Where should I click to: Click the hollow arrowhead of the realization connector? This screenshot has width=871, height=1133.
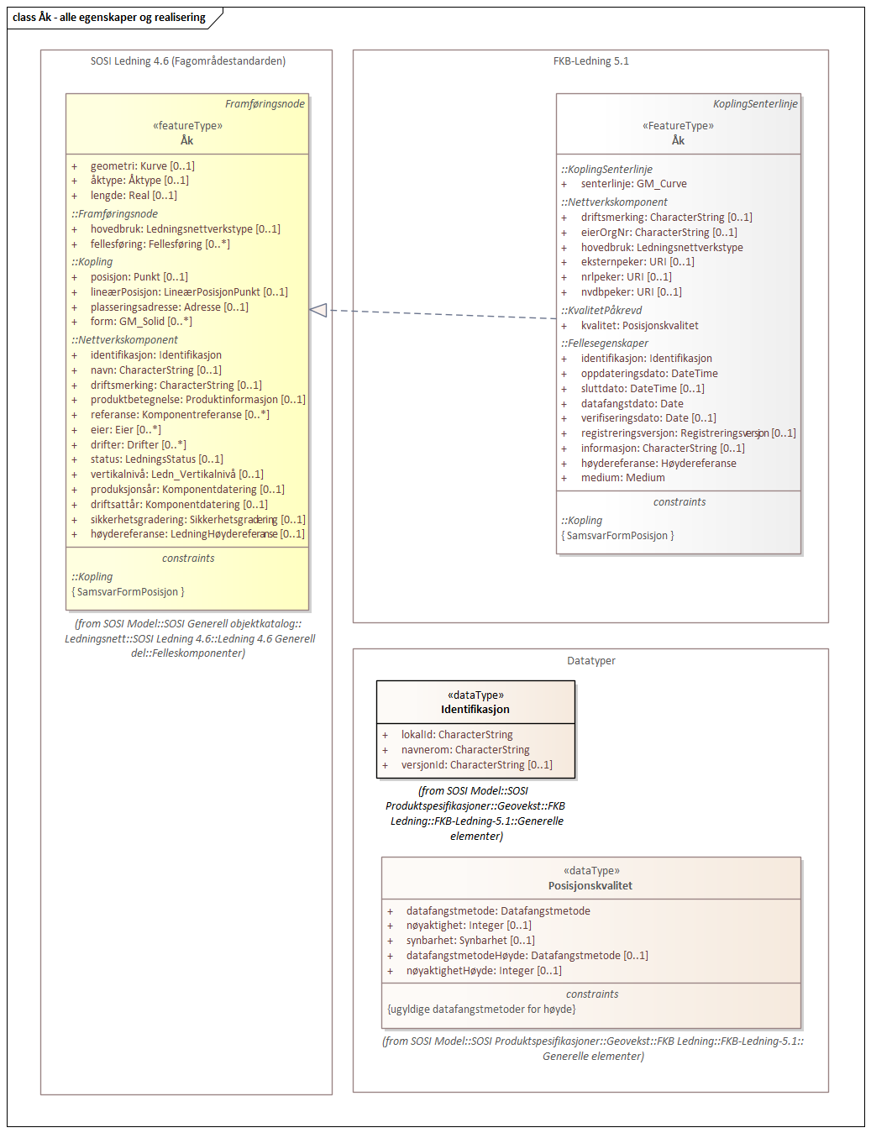tap(318, 311)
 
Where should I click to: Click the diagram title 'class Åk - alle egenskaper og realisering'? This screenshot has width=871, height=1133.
tap(109, 18)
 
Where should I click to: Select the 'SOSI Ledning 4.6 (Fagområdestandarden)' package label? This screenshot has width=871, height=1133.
tap(188, 61)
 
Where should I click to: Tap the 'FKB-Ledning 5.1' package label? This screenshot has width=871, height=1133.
tap(590, 61)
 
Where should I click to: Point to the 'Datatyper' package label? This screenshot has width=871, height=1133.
tap(590, 661)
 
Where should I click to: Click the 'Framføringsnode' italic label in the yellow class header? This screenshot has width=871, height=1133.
tap(265, 104)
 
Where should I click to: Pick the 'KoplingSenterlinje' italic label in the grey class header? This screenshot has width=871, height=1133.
tap(755, 104)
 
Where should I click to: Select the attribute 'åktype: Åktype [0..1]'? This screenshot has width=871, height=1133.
tap(139, 181)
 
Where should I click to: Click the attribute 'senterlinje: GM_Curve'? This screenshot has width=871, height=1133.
tap(633, 184)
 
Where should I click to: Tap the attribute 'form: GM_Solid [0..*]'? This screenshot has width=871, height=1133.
tap(141, 322)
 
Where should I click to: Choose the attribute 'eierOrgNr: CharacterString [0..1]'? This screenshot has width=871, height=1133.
tap(658, 233)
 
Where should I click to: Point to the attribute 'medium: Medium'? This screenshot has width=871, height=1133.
tap(622, 478)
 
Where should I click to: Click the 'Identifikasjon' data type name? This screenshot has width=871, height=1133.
tap(475, 710)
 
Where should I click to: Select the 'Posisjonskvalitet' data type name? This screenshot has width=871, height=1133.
tap(590, 886)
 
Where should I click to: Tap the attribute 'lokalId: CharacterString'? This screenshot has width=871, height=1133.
tap(457, 735)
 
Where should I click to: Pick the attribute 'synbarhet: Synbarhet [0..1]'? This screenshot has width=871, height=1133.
tap(470, 941)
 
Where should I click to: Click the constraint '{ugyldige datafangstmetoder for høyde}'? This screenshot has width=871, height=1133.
tap(481, 1010)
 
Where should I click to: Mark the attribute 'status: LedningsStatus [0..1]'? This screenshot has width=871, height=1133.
tap(157, 459)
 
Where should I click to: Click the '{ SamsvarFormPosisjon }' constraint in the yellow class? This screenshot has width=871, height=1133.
tap(129, 592)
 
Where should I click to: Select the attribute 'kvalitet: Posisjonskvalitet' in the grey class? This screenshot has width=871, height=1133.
tap(639, 326)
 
